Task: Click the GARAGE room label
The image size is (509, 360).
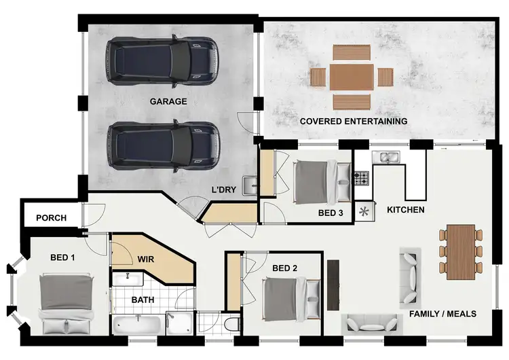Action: click(x=168, y=102)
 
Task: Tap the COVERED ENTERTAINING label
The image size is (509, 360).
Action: click(x=354, y=121)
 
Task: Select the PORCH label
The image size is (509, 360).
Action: click(x=51, y=218)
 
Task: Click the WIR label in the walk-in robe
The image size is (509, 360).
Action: click(x=147, y=259)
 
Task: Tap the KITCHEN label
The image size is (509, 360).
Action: click(x=405, y=210)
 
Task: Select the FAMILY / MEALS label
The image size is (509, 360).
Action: click(x=442, y=314)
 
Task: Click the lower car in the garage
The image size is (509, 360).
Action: click(x=163, y=144)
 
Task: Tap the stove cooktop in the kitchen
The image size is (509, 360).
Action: click(x=362, y=179)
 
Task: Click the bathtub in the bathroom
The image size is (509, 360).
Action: click(x=138, y=325)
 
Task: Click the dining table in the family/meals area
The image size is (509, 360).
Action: click(x=460, y=251)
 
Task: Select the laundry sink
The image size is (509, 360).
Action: click(x=250, y=183)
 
